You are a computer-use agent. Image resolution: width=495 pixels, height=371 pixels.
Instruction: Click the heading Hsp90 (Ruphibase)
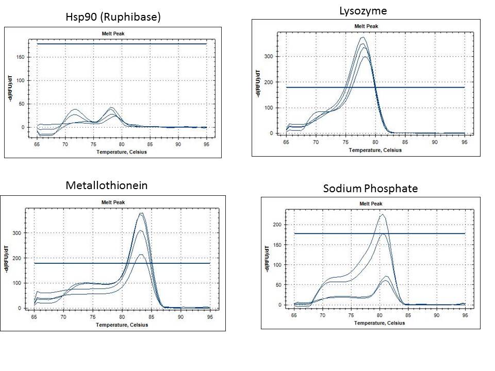113,16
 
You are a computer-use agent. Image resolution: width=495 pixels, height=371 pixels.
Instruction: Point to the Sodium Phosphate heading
370,188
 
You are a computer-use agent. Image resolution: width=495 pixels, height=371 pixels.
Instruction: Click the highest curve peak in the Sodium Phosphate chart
382,214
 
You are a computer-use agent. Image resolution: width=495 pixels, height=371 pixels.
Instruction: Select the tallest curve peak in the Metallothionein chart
141,213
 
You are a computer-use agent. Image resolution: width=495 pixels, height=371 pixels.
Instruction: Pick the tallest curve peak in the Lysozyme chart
362,37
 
